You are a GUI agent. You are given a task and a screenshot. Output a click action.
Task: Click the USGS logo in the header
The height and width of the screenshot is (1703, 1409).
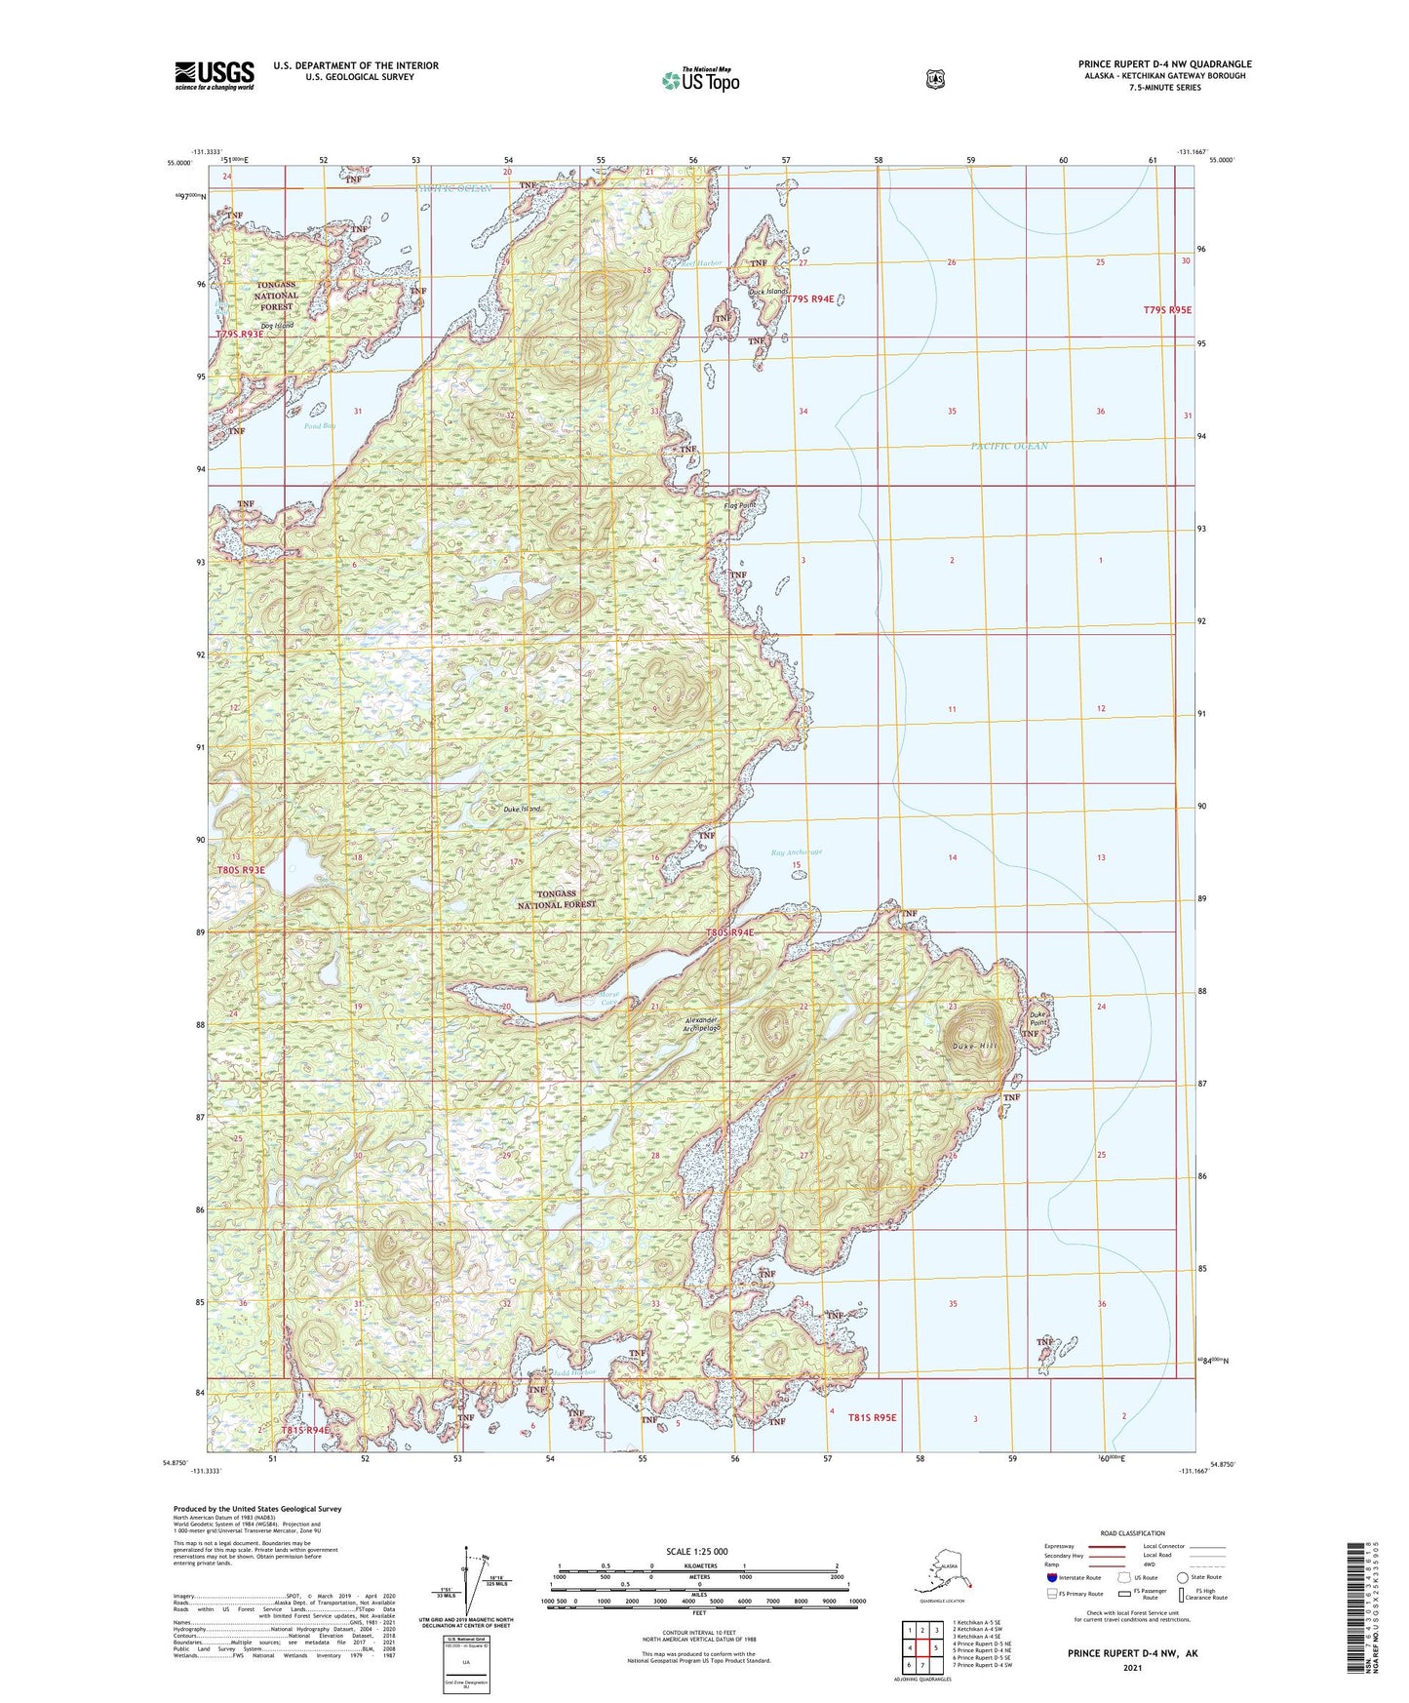[x=215, y=75]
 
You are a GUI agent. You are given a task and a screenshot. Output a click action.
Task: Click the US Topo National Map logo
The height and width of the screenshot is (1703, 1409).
[x=700, y=79]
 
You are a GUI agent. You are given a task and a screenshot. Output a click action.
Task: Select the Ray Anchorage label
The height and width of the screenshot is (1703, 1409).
[x=797, y=852]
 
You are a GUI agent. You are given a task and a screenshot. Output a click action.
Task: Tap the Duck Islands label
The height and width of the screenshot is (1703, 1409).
[x=768, y=292]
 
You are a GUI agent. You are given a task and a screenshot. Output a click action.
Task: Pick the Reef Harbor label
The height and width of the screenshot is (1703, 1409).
[x=702, y=263]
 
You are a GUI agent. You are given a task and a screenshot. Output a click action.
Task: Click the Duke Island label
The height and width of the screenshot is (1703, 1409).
[x=523, y=810]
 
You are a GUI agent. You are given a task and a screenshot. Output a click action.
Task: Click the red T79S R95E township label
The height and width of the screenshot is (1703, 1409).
[x=1167, y=310]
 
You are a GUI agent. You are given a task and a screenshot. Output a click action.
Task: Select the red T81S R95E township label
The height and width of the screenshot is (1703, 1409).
[x=872, y=1417]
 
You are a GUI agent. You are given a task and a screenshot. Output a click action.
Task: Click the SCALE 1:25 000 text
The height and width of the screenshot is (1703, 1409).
[x=696, y=1552]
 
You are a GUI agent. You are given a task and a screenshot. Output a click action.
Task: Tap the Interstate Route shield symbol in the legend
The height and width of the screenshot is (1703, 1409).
[x=1051, y=1577]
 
